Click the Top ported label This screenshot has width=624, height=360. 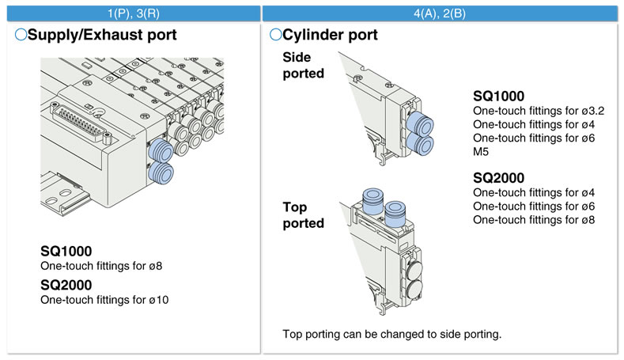click(304, 215)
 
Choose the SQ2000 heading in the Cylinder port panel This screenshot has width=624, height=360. click(499, 176)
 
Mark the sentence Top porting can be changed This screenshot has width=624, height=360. click(391, 333)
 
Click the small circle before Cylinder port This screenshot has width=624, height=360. click(275, 35)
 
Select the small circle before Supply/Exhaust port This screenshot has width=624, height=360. click(21, 35)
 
